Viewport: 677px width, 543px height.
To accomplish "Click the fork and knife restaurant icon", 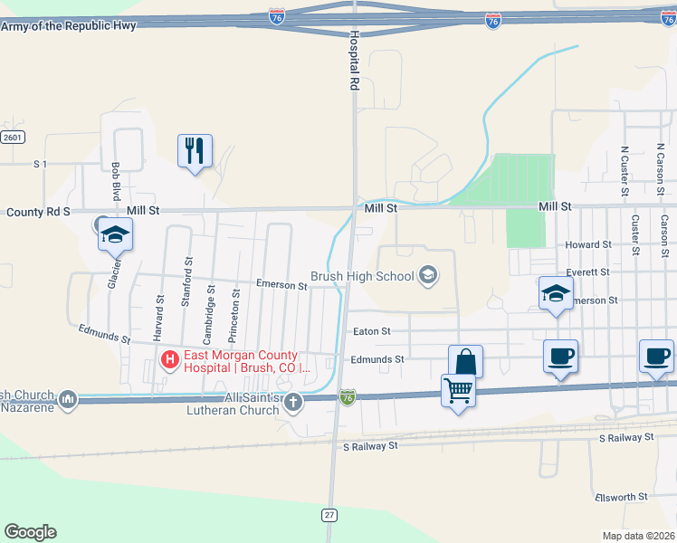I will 195,150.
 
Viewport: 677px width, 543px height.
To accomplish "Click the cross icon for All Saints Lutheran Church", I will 291,401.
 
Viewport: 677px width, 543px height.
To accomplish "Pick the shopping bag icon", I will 465,361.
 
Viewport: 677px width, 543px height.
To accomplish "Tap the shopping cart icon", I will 458,391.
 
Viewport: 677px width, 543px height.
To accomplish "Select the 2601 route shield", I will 12,137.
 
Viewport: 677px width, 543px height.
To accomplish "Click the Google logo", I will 30,531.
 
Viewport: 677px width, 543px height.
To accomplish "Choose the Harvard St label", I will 159,312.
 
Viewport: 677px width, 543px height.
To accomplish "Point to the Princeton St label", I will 235,307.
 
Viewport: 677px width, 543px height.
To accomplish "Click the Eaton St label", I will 371,332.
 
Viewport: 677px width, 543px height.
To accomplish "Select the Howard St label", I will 588,245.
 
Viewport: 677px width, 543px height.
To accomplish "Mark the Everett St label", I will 588,272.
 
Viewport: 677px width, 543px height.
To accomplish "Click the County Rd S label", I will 38,212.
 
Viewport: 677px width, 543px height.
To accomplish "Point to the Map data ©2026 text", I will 638,536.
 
